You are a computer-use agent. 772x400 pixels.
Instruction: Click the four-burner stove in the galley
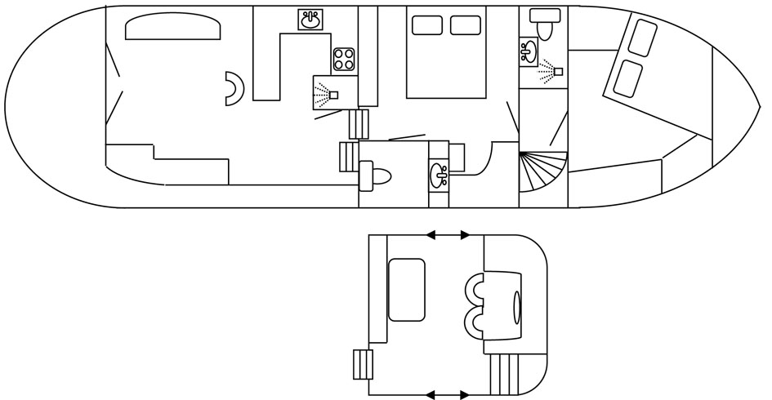[x=344, y=58]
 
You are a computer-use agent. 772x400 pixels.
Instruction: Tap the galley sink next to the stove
[x=310, y=20]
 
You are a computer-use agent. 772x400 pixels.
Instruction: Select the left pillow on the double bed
[x=426, y=25]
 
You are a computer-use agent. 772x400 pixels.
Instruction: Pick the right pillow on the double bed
[x=466, y=25]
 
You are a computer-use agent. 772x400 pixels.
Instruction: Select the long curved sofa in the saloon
[x=173, y=29]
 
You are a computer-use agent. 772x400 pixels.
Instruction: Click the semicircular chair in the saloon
[x=235, y=88]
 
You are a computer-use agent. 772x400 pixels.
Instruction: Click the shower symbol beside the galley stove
[x=330, y=93]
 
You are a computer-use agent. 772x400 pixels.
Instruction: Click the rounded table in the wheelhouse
[x=406, y=290]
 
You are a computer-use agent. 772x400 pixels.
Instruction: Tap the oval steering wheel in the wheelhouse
[x=516, y=309]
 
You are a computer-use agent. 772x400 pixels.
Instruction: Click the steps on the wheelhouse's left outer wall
[x=363, y=363]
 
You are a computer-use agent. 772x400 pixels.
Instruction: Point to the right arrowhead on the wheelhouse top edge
[x=465, y=235]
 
